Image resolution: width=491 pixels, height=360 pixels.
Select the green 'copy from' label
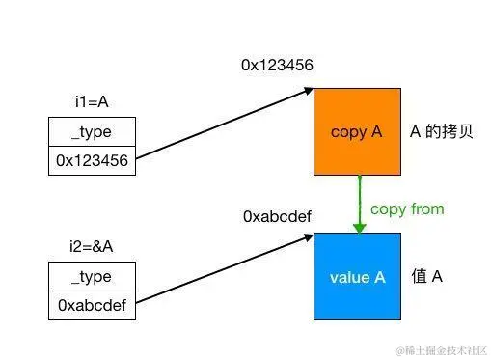[407, 208]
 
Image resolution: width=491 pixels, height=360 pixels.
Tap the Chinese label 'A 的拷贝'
[441, 132]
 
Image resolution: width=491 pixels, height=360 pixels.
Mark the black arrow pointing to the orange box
[222, 125]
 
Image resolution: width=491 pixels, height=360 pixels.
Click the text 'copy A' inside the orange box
[356, 132]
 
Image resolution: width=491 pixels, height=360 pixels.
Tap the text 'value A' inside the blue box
[357, 277]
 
